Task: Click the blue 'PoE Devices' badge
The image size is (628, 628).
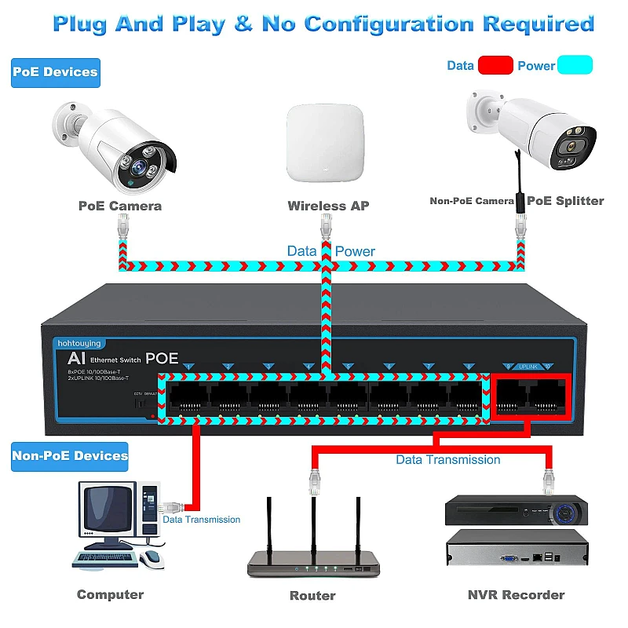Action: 55,72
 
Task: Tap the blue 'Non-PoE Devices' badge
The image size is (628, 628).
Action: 70,455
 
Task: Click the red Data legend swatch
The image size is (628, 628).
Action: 495,65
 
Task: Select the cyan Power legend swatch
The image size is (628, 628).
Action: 575,65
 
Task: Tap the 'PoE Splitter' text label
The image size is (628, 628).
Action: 565,201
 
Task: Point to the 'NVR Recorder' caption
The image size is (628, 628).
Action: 516,594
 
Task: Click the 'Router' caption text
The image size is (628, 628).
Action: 312,596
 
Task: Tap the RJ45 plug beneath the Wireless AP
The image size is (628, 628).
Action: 325,229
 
